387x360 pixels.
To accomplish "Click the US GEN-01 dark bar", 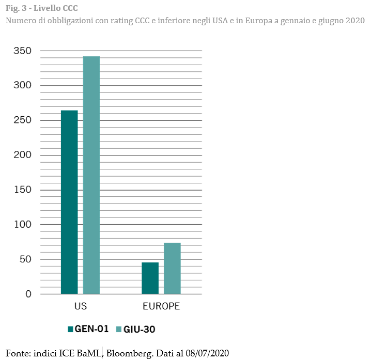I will point(69,202).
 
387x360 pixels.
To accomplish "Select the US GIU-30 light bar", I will point(91,175).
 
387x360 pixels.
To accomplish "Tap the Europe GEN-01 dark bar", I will point(150,278).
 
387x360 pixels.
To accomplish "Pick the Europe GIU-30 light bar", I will point(172,268).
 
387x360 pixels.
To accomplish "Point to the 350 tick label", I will point(23,51).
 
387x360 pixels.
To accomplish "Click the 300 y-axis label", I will point(23,85).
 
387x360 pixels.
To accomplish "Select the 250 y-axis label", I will point(23,120).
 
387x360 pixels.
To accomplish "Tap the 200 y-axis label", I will point(23,155).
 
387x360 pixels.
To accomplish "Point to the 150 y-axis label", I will point(23,190).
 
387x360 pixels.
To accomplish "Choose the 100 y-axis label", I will point(23,225).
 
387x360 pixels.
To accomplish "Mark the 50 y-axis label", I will point(25,259).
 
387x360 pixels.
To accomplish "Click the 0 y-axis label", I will point(28,294).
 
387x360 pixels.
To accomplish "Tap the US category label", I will point(81,306).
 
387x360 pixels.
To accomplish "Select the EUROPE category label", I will point(161,306).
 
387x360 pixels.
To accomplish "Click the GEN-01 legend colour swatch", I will point(71,329).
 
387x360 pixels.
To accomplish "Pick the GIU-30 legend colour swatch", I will point(118,329).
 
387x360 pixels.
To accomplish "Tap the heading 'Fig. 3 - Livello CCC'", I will point(42,9).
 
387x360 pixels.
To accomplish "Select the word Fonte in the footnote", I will point(17,353).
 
